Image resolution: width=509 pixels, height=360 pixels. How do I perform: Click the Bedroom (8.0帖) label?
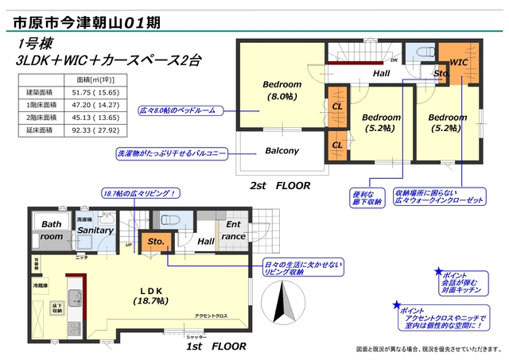(282, 91)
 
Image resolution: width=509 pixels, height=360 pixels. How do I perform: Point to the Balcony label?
(282, 151)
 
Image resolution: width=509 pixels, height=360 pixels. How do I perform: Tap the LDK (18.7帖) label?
(150, 296)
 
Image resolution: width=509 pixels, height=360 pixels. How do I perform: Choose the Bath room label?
(52, 230)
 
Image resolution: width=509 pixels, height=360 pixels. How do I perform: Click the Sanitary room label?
(95, 230)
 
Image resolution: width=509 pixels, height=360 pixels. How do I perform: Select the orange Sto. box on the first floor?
(154, 242)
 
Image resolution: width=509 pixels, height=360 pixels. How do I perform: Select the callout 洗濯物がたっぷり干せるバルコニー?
(182, 151)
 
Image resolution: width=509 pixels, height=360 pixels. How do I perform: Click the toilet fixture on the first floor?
(169, 219)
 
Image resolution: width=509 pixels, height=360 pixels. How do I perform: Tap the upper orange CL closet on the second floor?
(337, 106)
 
